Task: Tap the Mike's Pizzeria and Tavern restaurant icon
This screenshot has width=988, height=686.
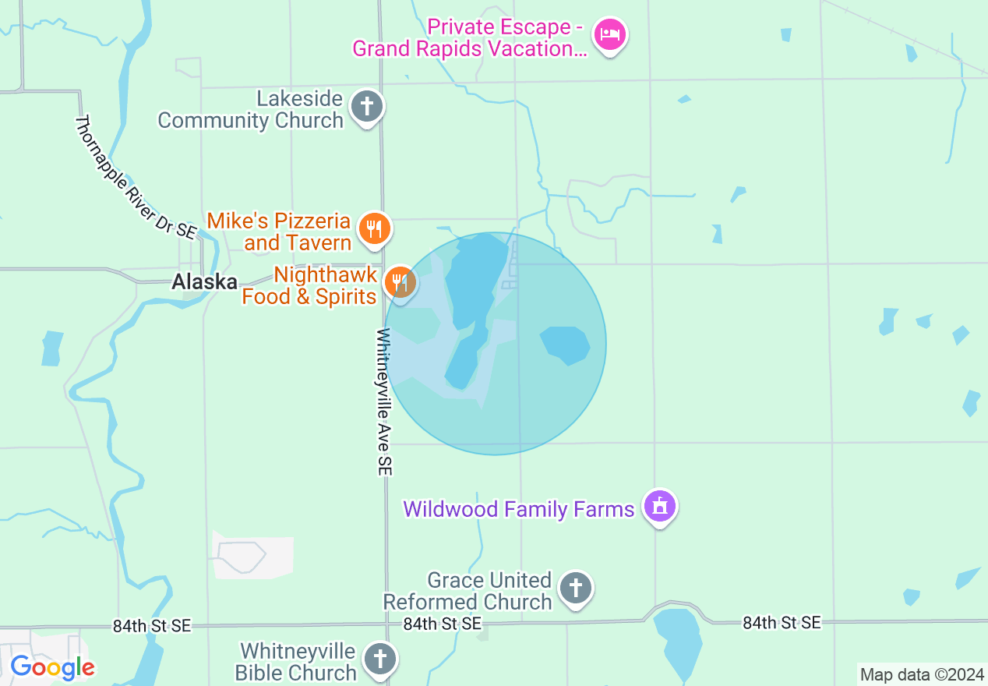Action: [375, 228]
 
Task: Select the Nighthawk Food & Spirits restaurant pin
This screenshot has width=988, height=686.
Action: [400, 282]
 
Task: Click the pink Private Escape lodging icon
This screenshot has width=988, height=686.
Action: [610, 34]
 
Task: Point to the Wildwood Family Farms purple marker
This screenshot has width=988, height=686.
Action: [660, 507]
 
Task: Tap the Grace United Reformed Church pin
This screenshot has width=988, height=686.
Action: [576, 588]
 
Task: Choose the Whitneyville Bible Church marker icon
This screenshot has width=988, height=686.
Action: [380, 659]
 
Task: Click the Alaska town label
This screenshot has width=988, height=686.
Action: [204, 282]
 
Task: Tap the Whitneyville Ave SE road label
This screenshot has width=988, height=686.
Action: [385, 401]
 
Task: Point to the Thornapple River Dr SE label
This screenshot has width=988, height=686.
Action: [136, 177]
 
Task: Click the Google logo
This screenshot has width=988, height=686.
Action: [52, 667]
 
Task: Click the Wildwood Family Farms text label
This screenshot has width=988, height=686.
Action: [518, 510]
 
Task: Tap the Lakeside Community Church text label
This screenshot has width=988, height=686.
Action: [251, 110]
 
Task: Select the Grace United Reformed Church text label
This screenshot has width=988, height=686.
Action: [468, 592]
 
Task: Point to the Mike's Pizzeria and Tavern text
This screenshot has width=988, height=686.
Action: [280, 232]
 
